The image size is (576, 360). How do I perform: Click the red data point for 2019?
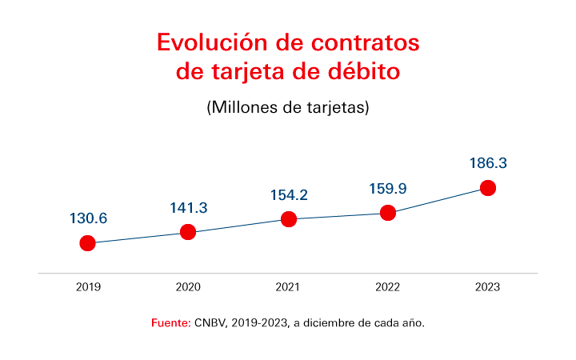click(88, 243)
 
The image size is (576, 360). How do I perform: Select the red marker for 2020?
click(188, 232)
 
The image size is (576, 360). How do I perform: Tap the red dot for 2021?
click(289, 219)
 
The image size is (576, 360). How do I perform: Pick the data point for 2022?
click(388, 213)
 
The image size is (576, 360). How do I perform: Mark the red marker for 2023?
click(488, 188)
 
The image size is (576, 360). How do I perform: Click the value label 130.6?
click(88, 218)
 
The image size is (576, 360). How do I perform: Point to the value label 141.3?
click(188, 208)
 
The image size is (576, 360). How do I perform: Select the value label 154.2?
click(289, 195)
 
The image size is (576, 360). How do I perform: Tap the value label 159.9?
click(388, 189)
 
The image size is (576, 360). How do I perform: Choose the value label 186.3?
click(488, 163)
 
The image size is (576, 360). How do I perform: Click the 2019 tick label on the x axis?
click(88, 287)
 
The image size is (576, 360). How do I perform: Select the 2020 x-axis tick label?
click(188, 287)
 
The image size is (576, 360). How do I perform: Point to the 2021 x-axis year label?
click(289, 287)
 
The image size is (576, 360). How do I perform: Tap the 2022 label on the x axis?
click(388, 287)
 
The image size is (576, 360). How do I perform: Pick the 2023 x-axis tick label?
click(488, 287)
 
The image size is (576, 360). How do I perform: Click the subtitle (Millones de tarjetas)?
click(288, 107)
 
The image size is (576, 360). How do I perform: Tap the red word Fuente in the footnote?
click(170, 323)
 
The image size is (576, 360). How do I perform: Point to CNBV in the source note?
click(210, 323)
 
